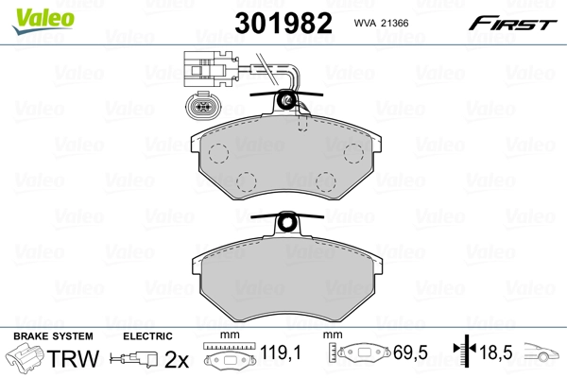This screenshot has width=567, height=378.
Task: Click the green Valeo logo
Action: click(31, 12)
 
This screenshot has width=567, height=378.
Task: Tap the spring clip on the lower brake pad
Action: click(289, 225)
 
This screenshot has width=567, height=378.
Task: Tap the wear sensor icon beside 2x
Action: click(134, 359)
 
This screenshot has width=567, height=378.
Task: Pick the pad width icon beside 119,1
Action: click(229, 357)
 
